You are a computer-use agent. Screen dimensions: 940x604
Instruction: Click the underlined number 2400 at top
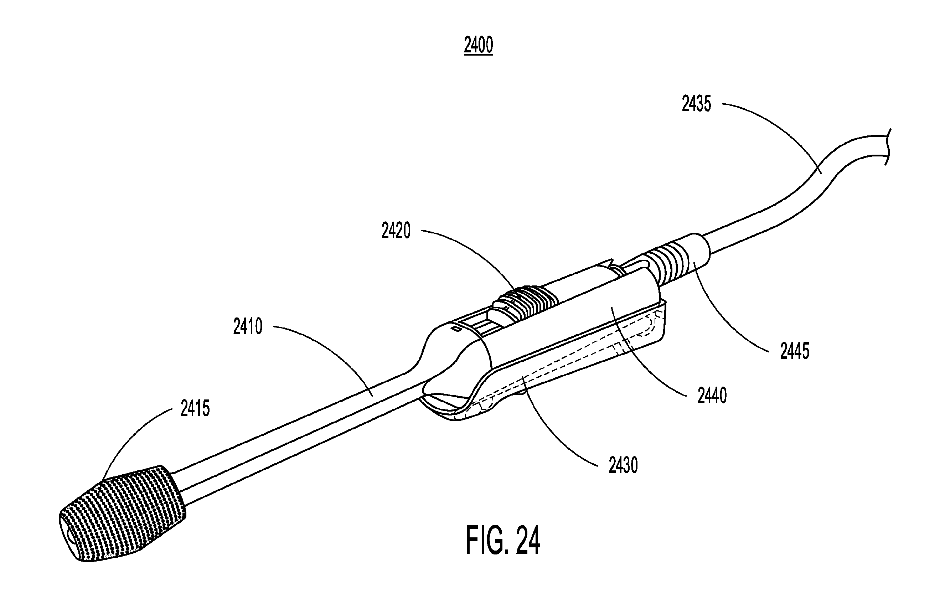(x=478, y=46)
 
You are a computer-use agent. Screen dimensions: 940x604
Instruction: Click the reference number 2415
(x=195, y=408)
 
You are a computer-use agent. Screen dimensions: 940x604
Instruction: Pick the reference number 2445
(x=795, y=351)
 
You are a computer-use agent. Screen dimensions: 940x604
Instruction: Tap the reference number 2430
(x=623, y=465)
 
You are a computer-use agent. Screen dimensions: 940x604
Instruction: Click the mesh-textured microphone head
(x=122, y=514)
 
